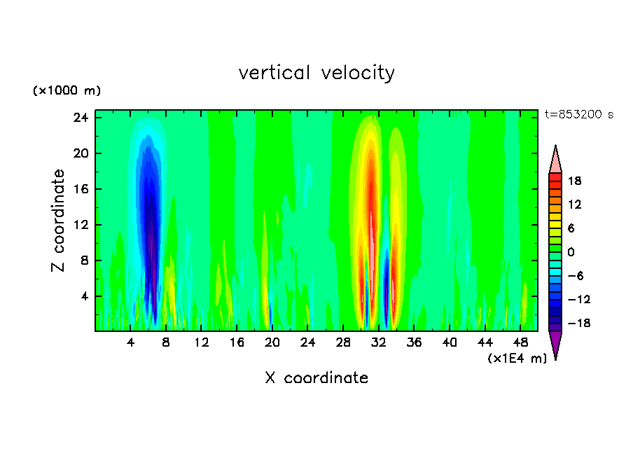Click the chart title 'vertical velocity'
tap(316, 73)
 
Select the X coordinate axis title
tap(316, 378)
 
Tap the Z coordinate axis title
tap(58, 221)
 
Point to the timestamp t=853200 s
tap(578, 115)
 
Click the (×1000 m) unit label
tap(67, 91)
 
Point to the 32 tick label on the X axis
tap(379, 343)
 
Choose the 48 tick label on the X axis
tap(520, 343)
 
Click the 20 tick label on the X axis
tap(272, 343)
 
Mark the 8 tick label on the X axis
tap(166, 343)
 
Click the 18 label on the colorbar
tap(574, 181)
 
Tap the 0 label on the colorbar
tap(571, 252)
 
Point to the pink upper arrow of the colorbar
tap(555, 159)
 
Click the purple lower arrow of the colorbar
tap(555, 344)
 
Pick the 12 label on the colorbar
tap(574, 204)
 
